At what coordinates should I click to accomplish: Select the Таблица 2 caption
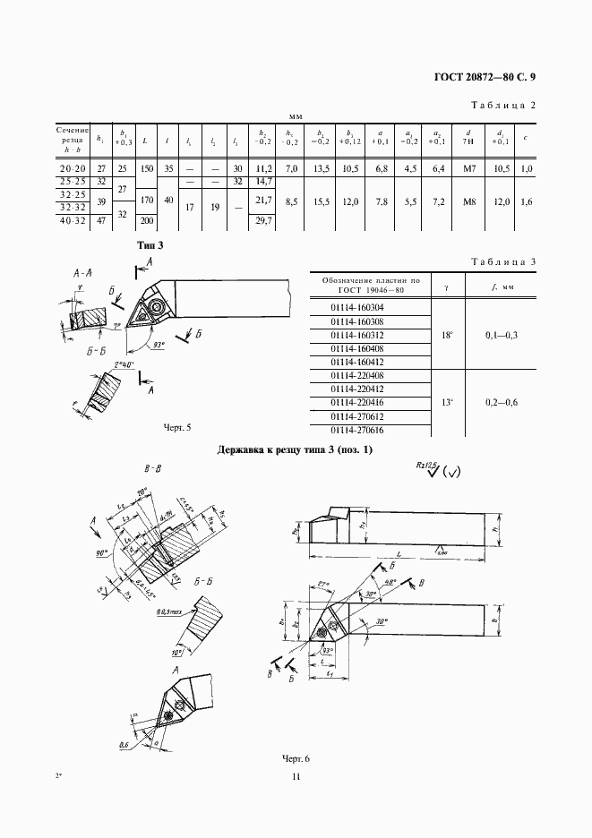(x=502, y=106)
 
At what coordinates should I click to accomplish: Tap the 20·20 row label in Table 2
(x=73, y=168)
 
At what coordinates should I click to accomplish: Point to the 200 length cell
(x=147, y=220)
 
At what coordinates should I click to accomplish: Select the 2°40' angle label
(x=125, y=366)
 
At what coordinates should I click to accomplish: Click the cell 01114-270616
(x=356, y=431)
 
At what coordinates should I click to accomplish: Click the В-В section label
(x=151, y=467)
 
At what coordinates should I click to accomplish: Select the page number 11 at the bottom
(x=296, y=777)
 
